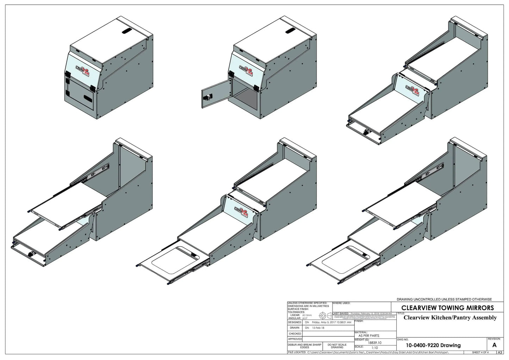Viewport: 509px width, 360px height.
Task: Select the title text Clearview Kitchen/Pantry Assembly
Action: pyautogui.click(x=450, y=317)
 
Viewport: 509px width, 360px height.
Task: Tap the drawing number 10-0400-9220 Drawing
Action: pyautogui.click(x=433, y=345)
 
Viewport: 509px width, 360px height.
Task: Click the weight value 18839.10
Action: pyautogui.click(x=374, y=342)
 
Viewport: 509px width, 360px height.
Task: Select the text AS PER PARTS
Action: pyautogui.click(x=368, y=336)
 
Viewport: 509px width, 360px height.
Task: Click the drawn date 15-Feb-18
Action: pyautogui.click(x=318, y=328)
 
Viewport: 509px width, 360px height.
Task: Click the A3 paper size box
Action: pyautogui.click(x=499, y=352)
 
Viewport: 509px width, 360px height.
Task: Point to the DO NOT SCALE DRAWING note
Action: pyautogui.click(x=337, y=346)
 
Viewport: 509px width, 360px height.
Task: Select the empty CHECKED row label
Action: pyautogui.click(x=295, y=333)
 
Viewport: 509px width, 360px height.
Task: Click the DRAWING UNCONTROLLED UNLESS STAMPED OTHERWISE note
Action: pyautogui.click(x=444, y=299)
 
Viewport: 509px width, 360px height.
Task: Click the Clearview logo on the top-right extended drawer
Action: pyautogui.click(x=413, y=90)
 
